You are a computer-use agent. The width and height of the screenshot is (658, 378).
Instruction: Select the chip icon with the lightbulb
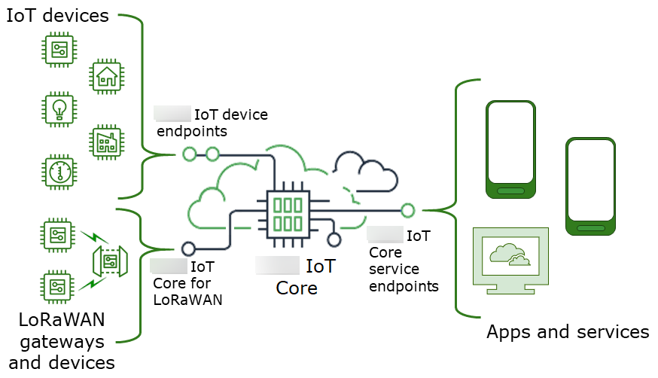[x=58, y=108]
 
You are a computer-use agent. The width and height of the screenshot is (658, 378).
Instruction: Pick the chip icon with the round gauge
[x=58, y=172]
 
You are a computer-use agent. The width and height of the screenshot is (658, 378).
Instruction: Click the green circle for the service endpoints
[x=408, y=210]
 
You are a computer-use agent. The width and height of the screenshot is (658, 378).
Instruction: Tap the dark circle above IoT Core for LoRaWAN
[x=188, y=248]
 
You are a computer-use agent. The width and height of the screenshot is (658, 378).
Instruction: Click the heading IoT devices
[x=58, y=16]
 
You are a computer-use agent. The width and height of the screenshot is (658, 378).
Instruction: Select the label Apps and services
[x=568, y=332]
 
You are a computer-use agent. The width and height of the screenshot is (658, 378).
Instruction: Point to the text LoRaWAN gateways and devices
[x=62, y=341]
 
